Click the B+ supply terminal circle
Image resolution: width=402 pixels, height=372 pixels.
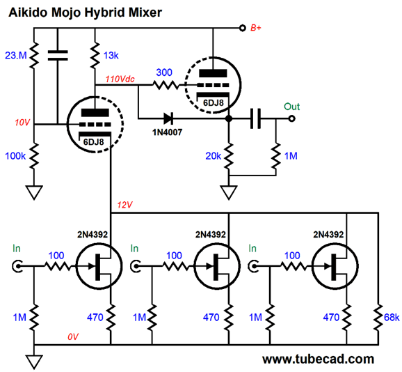pyautogui.click(x=242, y=28)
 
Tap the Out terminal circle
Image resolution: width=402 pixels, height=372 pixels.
pyautogui.click(x=291, y=118)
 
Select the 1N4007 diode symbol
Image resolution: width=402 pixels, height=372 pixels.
pyautogui.click(x=168, y=118)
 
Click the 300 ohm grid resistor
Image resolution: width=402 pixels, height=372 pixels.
pyautogui.click(x=166, y=84)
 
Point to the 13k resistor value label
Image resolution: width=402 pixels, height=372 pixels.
pyautogui.click(x=111, y=56)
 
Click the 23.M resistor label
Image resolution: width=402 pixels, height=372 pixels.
pyautogui.click(x=15, y=55)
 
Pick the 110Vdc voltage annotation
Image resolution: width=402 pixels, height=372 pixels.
pyautogui.click(x=120, y=79)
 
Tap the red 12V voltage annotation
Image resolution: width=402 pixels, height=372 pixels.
pyautogui.click(x=124, y=205)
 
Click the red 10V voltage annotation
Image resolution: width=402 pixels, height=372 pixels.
pyautogui.click(x=22, y=123)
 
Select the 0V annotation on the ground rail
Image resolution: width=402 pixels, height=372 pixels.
pyautogui.click(x=73, y=337)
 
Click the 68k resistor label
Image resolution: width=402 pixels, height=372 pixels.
pyautogui.click(x=392, y=318)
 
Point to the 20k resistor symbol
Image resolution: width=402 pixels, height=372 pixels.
pyautogui.click(x=229, y=156)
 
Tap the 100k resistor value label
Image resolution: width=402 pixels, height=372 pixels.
pyautogui.click(x=15, y=156)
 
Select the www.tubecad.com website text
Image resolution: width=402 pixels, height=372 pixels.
pyautogui.click(x=318, y=359)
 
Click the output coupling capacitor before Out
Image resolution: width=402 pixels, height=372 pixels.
pyautogui.click(x=255, y=118)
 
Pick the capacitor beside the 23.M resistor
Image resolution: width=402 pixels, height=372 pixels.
pyautogui.click(x=58, y=55)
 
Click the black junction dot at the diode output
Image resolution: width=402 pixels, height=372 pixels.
pyautogui.click(x=229, y=118)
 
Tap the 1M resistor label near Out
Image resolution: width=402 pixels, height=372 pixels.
pyautogui.click(x=291, y=156)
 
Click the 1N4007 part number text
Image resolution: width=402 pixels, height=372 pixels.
pyautogui.click(x=167, y=132)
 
